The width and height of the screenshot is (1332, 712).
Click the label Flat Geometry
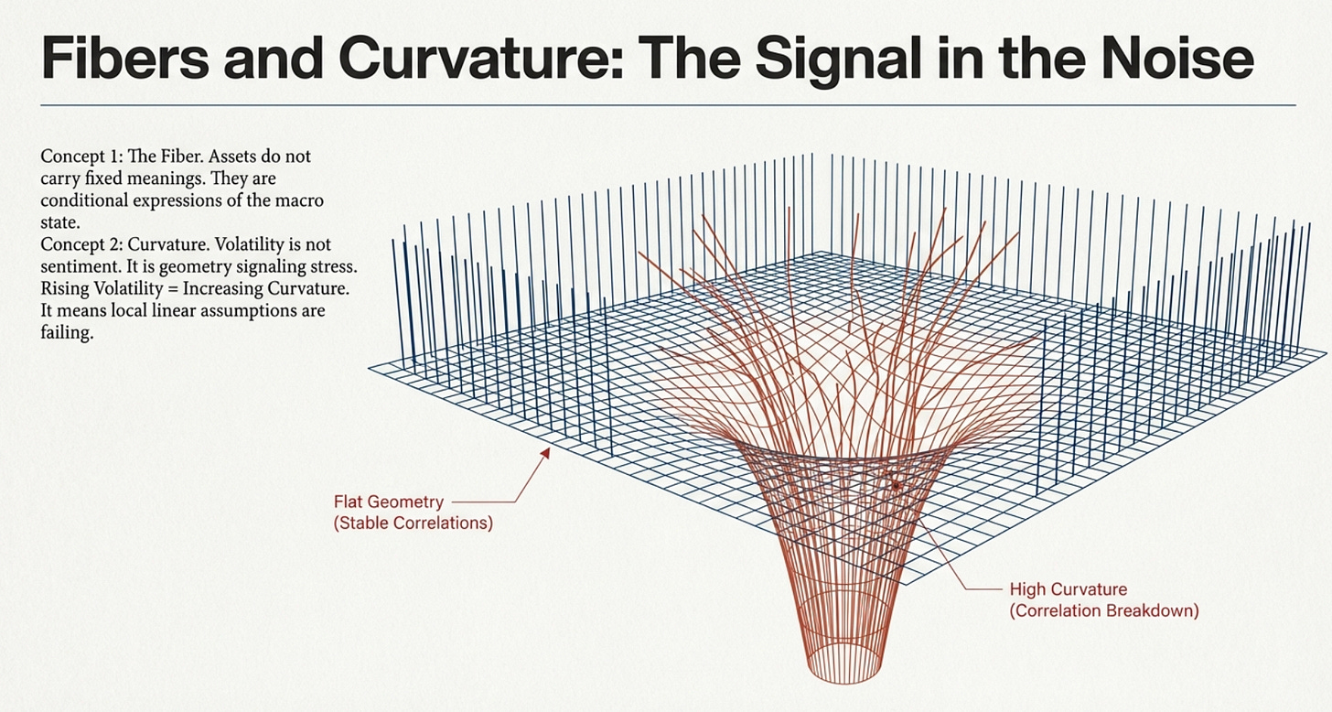click(x=389, y=502)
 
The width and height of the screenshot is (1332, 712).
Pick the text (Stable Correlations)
click(x=414, y=524)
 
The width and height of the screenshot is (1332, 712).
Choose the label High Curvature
click(x=1068, y=588)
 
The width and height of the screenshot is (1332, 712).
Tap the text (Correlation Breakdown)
click(x=1104, y=610)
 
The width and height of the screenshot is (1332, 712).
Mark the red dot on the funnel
click(x=897, y=481)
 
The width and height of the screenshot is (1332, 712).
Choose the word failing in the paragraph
click(x=67, y=333)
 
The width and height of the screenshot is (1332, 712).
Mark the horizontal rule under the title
click(x=668, y=105)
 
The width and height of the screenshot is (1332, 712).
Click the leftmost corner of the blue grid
click(x=371, y=368)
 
